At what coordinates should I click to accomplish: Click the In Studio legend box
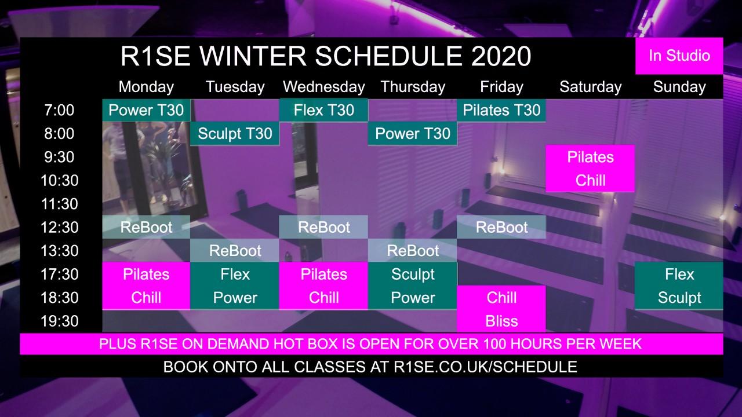coord(679,56)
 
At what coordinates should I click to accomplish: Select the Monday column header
coord(146,87)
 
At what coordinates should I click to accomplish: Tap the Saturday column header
coord(590,87)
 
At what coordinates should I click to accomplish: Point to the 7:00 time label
coord(59,110)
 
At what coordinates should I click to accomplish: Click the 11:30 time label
coord(59,204)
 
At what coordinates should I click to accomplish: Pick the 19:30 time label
coord(59,321)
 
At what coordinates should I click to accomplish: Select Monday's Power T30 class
coord(146,110)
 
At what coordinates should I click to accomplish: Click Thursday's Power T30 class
coord(412,134)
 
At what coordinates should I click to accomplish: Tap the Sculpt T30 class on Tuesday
coord(235,134)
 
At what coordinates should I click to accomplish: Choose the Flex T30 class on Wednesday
coord(323,110)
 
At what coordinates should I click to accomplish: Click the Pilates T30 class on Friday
coord(501,110)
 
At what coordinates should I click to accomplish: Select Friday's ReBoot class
coord(501,228)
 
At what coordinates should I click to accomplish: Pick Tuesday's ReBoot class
coord(235,251)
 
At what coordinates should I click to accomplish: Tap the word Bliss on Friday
coord(501,321)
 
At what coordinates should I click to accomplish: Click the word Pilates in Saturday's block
coord(590,157)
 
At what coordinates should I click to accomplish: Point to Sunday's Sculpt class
coord(679,298)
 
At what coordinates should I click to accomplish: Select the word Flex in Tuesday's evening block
coord(235,275)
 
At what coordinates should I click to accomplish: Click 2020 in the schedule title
coord(501,56)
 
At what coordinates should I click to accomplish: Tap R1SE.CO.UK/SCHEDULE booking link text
coord(485,367)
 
